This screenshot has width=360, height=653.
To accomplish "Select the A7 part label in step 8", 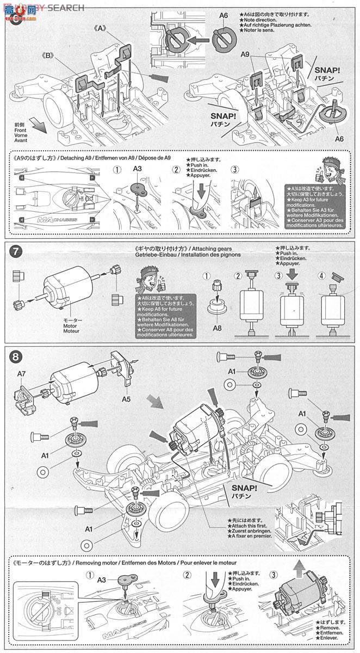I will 22,373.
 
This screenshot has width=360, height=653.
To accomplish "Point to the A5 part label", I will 126,398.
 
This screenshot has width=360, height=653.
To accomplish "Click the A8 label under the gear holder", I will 216,328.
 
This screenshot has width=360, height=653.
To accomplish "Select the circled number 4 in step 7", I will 321,275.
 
